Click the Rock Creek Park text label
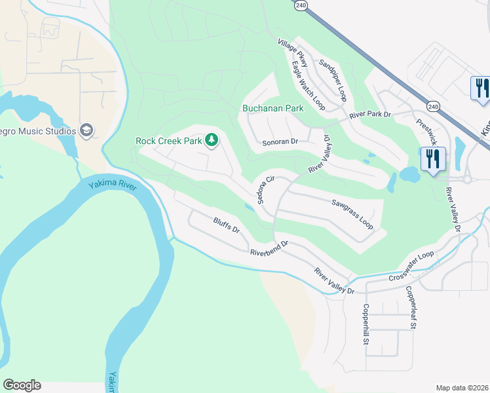(169, 140)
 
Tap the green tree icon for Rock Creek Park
(211, 140)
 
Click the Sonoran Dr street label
(280, 141)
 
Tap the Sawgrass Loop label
(352, 214)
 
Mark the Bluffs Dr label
(227, 227)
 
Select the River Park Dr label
(369, 115)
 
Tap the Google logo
(22, 385)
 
